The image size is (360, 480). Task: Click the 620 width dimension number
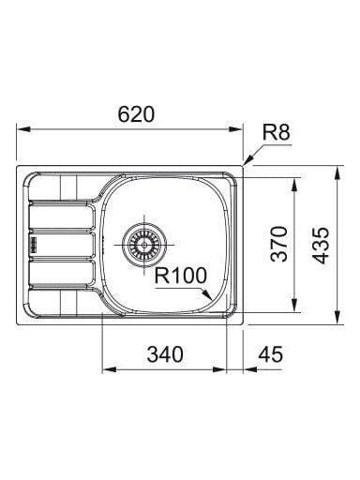pyautogui.click(x=136, y=114)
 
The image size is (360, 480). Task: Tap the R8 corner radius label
pyautogui.click(x=276, y=132)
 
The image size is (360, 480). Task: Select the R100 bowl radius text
pyautogui.click(x=181, y=276)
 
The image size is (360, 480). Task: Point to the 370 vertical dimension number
pyautogui.click(x=278, y=244)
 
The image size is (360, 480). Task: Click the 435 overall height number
pyautogui.click(x=321, y=246)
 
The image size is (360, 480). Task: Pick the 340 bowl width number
pyautogui.click(x=165, y=354)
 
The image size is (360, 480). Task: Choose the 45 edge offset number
pyautogui.click(x=271, y=354)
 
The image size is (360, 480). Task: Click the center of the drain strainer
pyautogui.click(x=144, y=245)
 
